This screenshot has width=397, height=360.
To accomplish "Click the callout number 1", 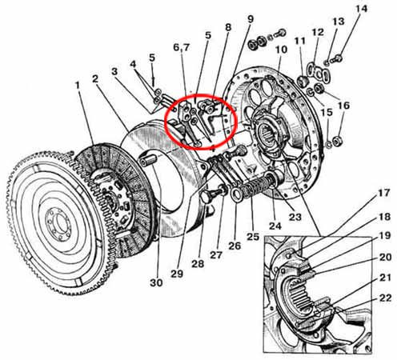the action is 78,86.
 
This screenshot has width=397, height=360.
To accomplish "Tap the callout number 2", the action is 95,78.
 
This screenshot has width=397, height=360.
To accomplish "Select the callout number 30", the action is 156,282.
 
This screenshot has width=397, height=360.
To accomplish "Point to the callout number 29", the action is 177,274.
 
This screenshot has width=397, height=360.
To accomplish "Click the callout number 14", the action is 362,9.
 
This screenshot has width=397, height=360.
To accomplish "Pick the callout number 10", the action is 281,50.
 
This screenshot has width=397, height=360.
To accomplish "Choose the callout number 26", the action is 235,246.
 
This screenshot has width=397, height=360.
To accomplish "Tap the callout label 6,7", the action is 182,47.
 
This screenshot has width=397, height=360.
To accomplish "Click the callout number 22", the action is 385,298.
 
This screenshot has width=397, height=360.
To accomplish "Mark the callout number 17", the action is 384,193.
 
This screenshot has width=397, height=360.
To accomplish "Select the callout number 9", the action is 251,19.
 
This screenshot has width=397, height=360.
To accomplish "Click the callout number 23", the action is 295,217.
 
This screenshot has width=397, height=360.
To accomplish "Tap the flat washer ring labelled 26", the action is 236,194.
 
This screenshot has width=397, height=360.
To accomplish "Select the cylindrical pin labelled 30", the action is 148,160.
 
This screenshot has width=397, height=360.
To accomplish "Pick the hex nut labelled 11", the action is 303,80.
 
